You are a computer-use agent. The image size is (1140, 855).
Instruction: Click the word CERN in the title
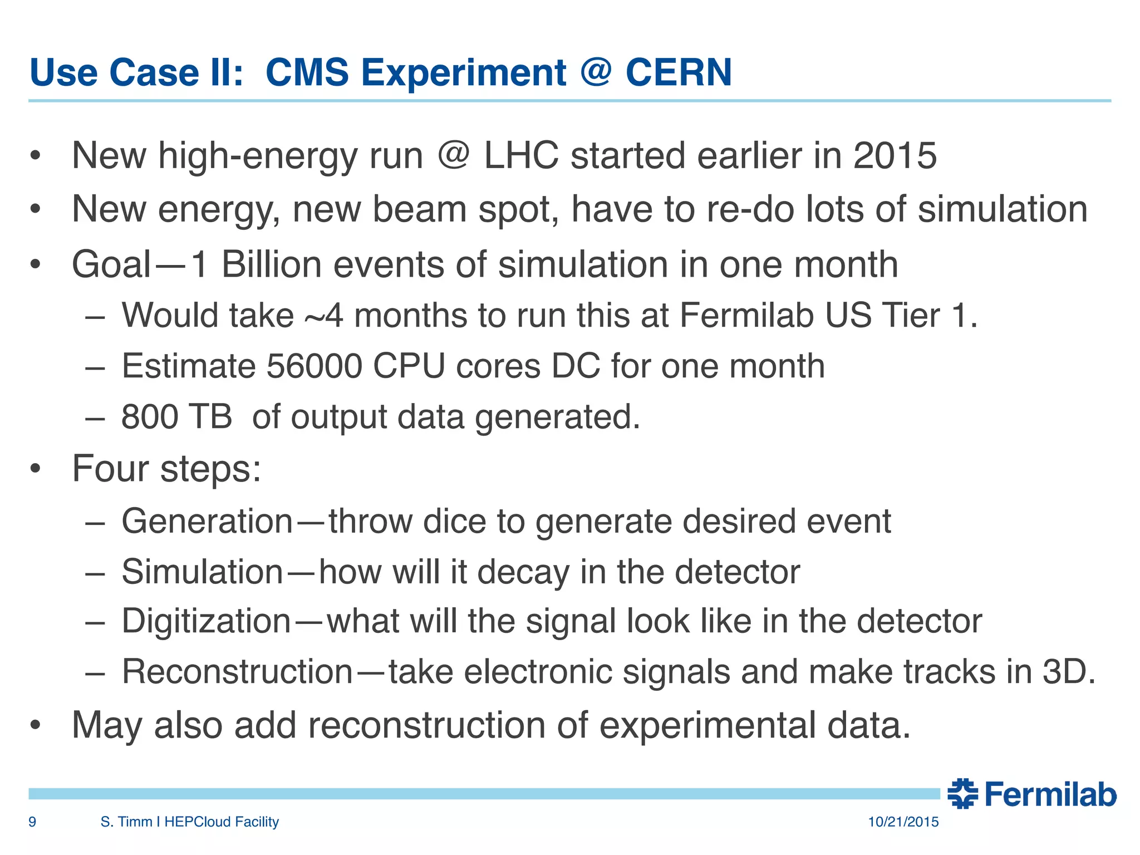point(678,73)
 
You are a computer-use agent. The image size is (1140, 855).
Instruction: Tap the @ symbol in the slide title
point(596,73)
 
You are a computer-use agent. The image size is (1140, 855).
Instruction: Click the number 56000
point(314,366)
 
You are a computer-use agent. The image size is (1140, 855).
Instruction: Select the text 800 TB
point(176,416)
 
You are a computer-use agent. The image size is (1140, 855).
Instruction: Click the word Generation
point(207,522)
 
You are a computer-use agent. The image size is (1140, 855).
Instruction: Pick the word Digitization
point(206,621)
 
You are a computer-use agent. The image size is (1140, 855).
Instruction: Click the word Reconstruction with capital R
point(237,672)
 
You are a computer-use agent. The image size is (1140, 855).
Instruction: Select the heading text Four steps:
point(166,469)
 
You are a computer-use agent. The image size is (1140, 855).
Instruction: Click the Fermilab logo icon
point(963,794)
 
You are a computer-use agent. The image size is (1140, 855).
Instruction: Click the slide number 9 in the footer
point(32,822)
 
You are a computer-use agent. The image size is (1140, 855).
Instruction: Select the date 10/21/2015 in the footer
point(903,822)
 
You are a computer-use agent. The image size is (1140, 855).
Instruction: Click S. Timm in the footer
point(126,822)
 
